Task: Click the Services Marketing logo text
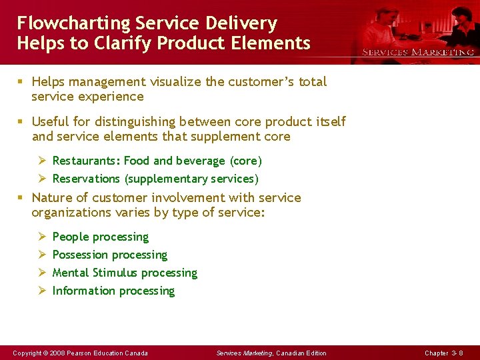point(418,52)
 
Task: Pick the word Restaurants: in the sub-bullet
point(86,161)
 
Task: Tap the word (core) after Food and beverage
point(246,161)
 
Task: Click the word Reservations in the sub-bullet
point(86,179)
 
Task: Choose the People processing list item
point(100,237)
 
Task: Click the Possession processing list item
point(109,255)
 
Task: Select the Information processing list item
point(113,291)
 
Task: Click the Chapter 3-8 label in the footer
point(444,353)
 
